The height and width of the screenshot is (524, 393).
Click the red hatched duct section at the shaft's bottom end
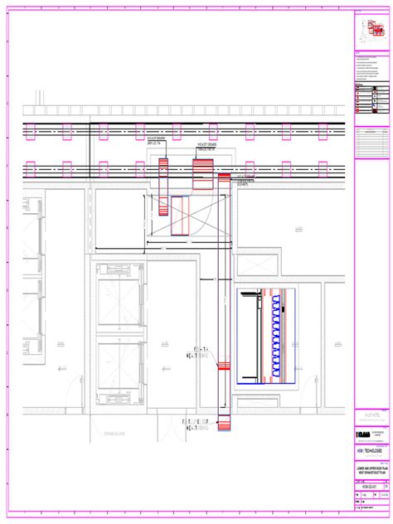(x=223, y=424)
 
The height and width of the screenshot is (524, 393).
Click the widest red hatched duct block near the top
(x=203, y=176)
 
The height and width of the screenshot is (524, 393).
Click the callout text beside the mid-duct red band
(x=196, y=354)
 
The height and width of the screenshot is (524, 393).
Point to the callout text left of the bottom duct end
(x=195, y=425)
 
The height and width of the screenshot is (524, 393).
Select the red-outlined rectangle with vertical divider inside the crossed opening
(x=180, y=217)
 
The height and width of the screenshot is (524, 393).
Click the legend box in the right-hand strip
(x=371, y=98)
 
